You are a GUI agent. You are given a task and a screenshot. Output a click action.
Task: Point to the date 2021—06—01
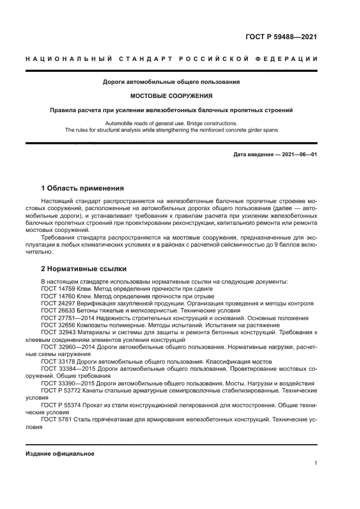(x=297, y=155)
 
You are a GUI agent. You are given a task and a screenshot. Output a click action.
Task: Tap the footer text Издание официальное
(x=60, y=453)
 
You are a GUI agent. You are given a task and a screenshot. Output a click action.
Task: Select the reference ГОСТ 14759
(x=57, y=288)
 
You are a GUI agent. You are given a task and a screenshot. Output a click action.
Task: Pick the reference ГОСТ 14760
(x=57, y=296)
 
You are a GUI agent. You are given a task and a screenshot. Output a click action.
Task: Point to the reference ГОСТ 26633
(x=57, y=310)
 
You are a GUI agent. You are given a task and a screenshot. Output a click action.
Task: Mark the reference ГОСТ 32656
(x=57, y=325)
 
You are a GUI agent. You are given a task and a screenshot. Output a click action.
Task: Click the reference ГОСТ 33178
(x=57, y=361)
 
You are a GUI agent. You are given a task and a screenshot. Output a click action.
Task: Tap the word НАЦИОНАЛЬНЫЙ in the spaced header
(x=68, y=58)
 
